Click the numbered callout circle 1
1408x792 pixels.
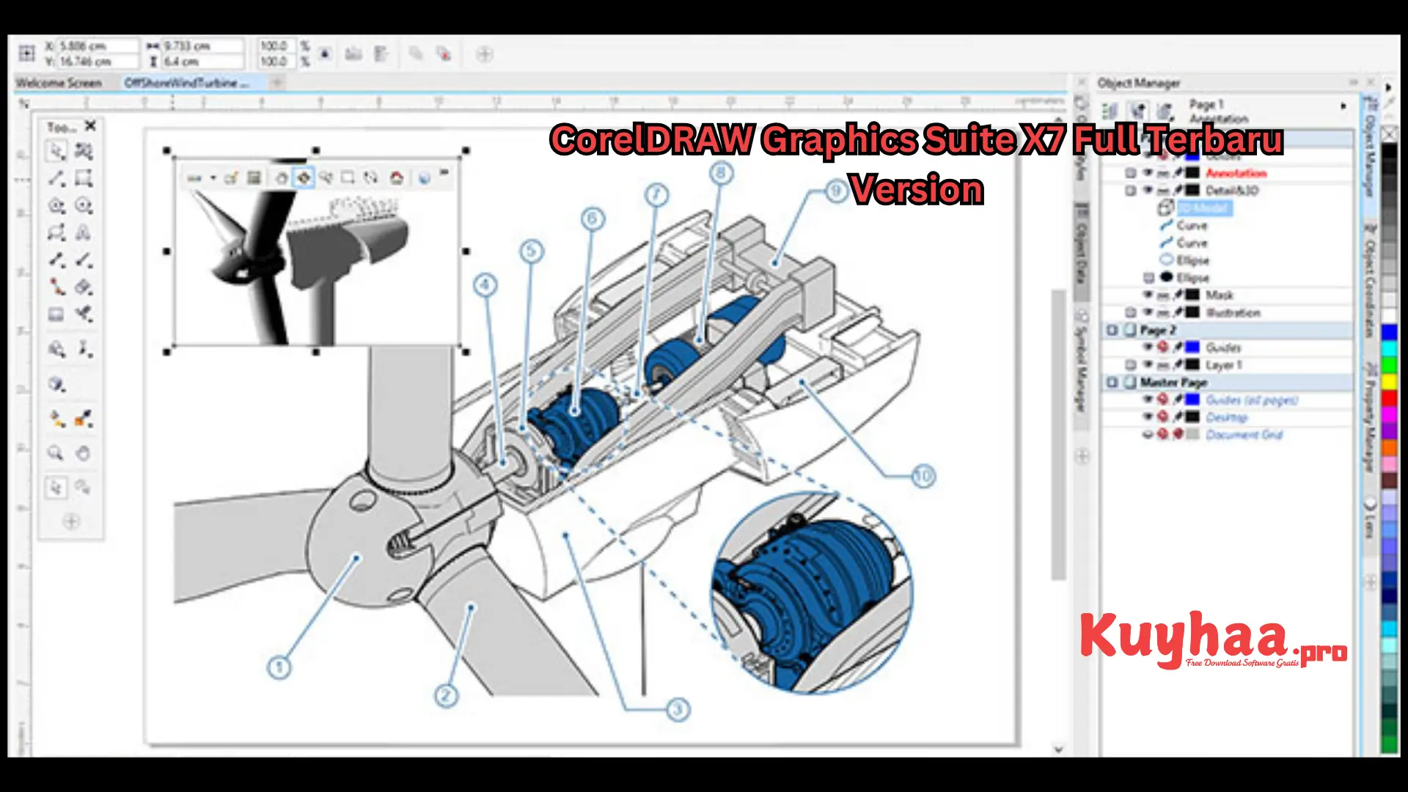tap(279, 667)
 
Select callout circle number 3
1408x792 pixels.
tap(678, 709)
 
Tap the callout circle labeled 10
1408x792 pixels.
tap(923, 477)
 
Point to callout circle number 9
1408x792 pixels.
tap(836, 192)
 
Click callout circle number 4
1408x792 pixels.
tap(485, 285)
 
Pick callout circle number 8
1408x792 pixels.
tap(721, 173)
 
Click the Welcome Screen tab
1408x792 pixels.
tap(59, 83)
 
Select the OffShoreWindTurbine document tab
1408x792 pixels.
tap(186, 83)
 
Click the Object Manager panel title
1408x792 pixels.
tap(1139, 83)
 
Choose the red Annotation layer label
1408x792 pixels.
tap(1236, 173)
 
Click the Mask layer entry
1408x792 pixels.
tap(1220, 295)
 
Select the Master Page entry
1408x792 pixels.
tap(1173, 382)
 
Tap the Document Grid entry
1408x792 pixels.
tap(1244, 435)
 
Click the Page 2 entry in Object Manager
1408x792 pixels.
tap(1158, 330)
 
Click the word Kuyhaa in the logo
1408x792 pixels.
tap(1182, 637)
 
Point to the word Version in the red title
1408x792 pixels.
tap(917, 189)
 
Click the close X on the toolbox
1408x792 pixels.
tap(90, 126)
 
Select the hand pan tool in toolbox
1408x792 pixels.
tap(84, 453)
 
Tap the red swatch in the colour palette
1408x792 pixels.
tap(1389, 398)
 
